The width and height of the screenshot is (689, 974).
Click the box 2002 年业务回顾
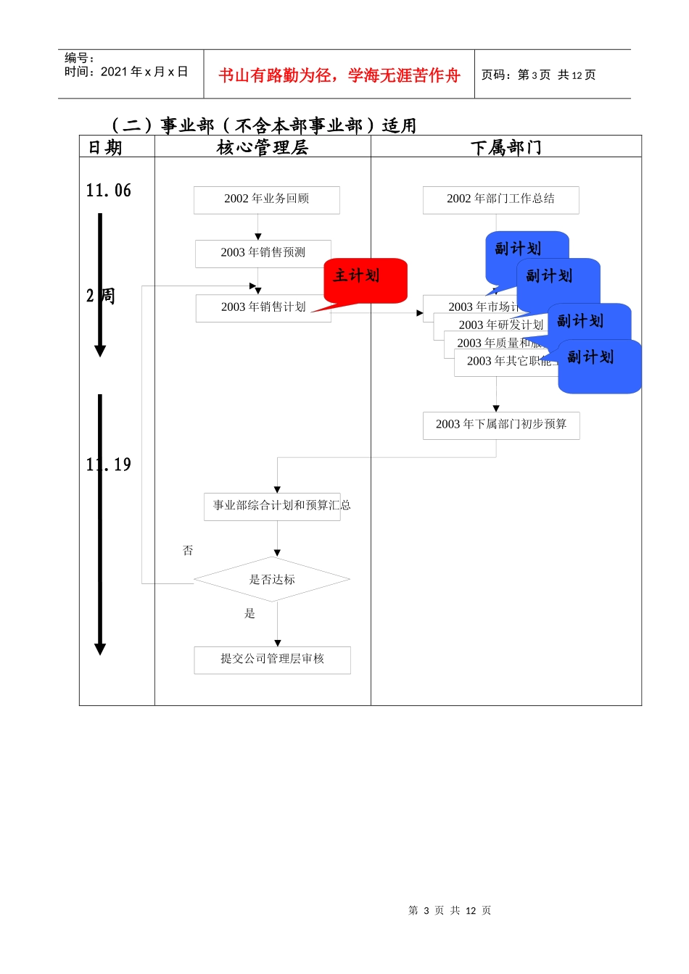coord(266,199)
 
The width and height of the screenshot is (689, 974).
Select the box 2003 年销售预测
coord(263,253)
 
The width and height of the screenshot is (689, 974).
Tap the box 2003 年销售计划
coord(263,307)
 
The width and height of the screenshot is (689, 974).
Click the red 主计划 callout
coord(365,279)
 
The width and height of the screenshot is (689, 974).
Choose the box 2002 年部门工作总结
coord(500,199)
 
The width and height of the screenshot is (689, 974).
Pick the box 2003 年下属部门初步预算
coord(501,425)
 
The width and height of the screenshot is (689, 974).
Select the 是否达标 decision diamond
coord(272,579)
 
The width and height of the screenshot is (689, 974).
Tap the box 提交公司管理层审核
coord(272,659)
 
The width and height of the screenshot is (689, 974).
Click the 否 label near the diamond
coord(188,551)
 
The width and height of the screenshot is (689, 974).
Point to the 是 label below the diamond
coord(249,614)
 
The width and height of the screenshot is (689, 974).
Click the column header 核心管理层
coord(263,147)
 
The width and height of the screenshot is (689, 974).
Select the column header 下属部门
coord(506,147)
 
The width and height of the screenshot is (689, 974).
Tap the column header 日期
coord(105,147)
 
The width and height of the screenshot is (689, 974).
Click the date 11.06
coord(109,191)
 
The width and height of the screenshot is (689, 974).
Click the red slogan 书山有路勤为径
coord(339,75)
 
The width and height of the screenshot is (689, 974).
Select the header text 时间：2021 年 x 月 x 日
coord(126,72)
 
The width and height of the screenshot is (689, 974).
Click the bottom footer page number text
coord(450,910)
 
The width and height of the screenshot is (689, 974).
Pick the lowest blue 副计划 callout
coord(599,366)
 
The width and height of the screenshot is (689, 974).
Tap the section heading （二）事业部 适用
coord(263,125)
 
